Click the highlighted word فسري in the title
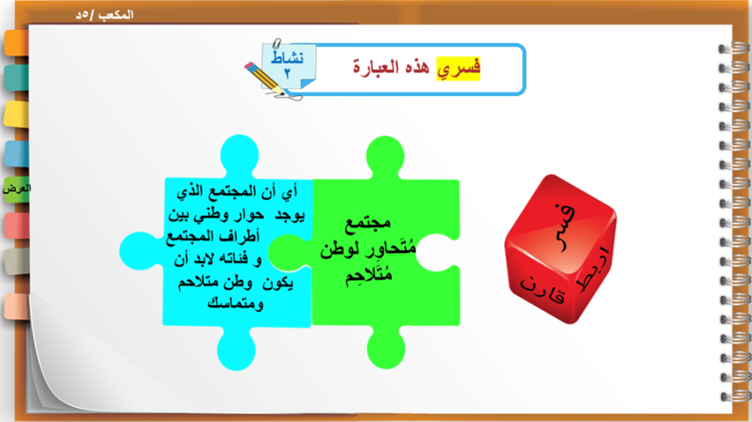click(x=458, y=68)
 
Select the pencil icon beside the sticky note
click(x=265, y=79)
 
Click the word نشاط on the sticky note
click(x=287, y=57)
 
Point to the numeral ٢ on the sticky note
click(x=287, y=74)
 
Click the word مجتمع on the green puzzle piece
click(x=368, y=223)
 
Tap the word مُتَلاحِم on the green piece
click(x=368, y=275)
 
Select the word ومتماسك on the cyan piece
click(x=235, y=304)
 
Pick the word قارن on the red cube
click(x=543, y=290)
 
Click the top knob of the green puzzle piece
click(x=385, y=156)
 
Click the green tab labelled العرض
click(x=17, y=189)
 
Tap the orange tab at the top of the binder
click(x=17, y=43)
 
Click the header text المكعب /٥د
click(x=105, y=15)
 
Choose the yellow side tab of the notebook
click(x=17, y=114)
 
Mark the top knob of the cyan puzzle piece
click(x=239, y=156)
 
